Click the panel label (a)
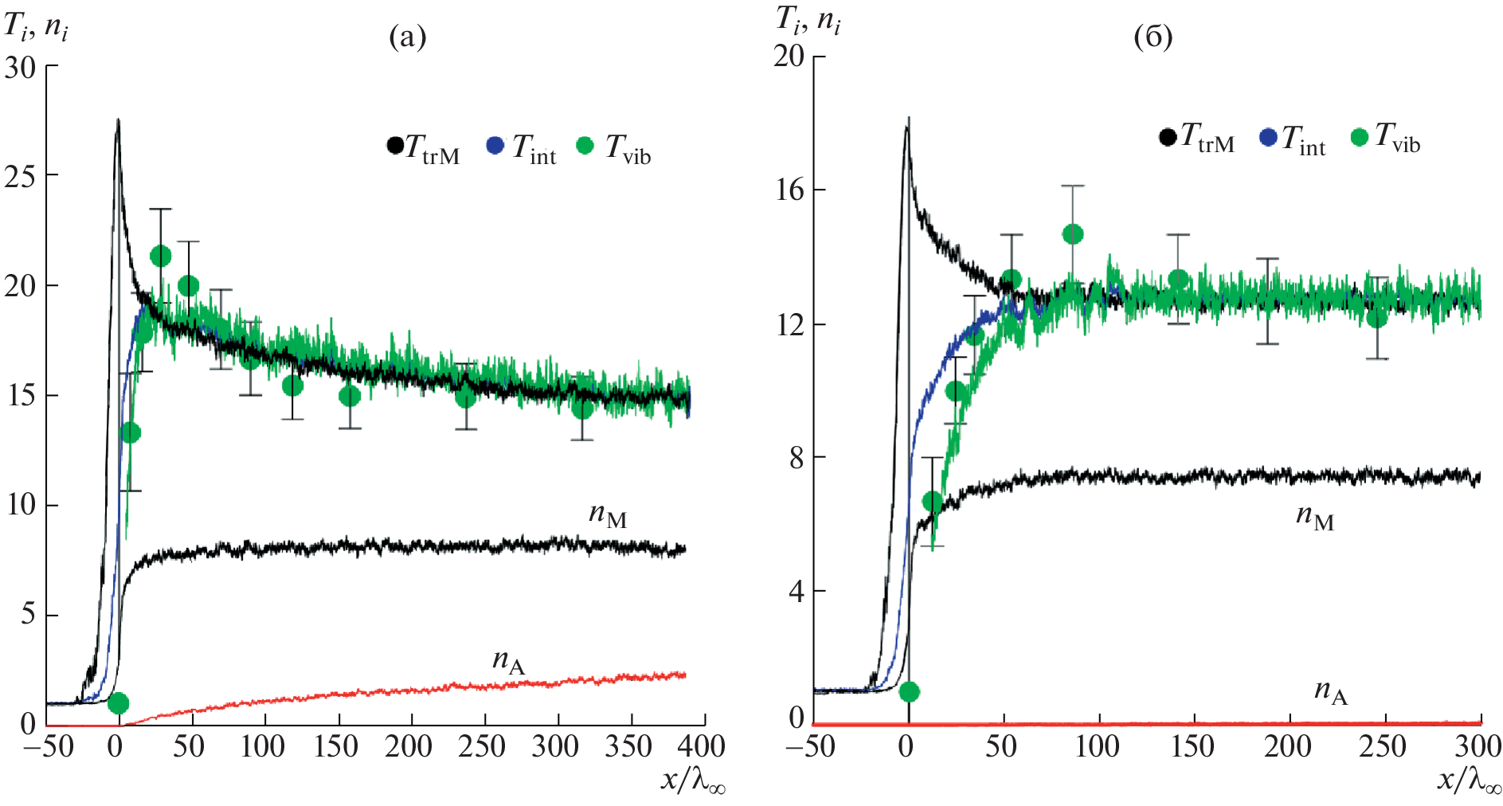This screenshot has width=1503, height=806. pos(407,37)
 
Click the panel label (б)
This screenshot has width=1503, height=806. pos(1153,37)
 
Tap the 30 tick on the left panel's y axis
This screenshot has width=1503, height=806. pos(21,67)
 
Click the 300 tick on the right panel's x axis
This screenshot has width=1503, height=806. pos(1479,746)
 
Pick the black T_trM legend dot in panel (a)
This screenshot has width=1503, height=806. pos(394,147)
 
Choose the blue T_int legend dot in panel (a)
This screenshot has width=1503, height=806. pos(495,147)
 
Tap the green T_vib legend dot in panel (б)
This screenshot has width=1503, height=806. pos(1360,137)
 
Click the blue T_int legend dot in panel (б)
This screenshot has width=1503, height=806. pos(1267,137)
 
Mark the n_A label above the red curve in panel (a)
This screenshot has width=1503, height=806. pos(509,661)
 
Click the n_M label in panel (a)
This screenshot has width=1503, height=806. pos(608,515)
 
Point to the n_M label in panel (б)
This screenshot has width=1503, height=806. pos(1315,517)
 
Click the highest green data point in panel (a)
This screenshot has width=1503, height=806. pos(161,256)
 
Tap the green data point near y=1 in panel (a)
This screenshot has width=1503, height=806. pos(118,703)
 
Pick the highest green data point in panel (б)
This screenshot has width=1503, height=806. pos(1073,233)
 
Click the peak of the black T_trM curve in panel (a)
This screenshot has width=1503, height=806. pos(118,120)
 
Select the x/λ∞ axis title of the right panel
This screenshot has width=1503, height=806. pos(1469,780)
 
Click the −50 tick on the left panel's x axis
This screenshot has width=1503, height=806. pos(49,746)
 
